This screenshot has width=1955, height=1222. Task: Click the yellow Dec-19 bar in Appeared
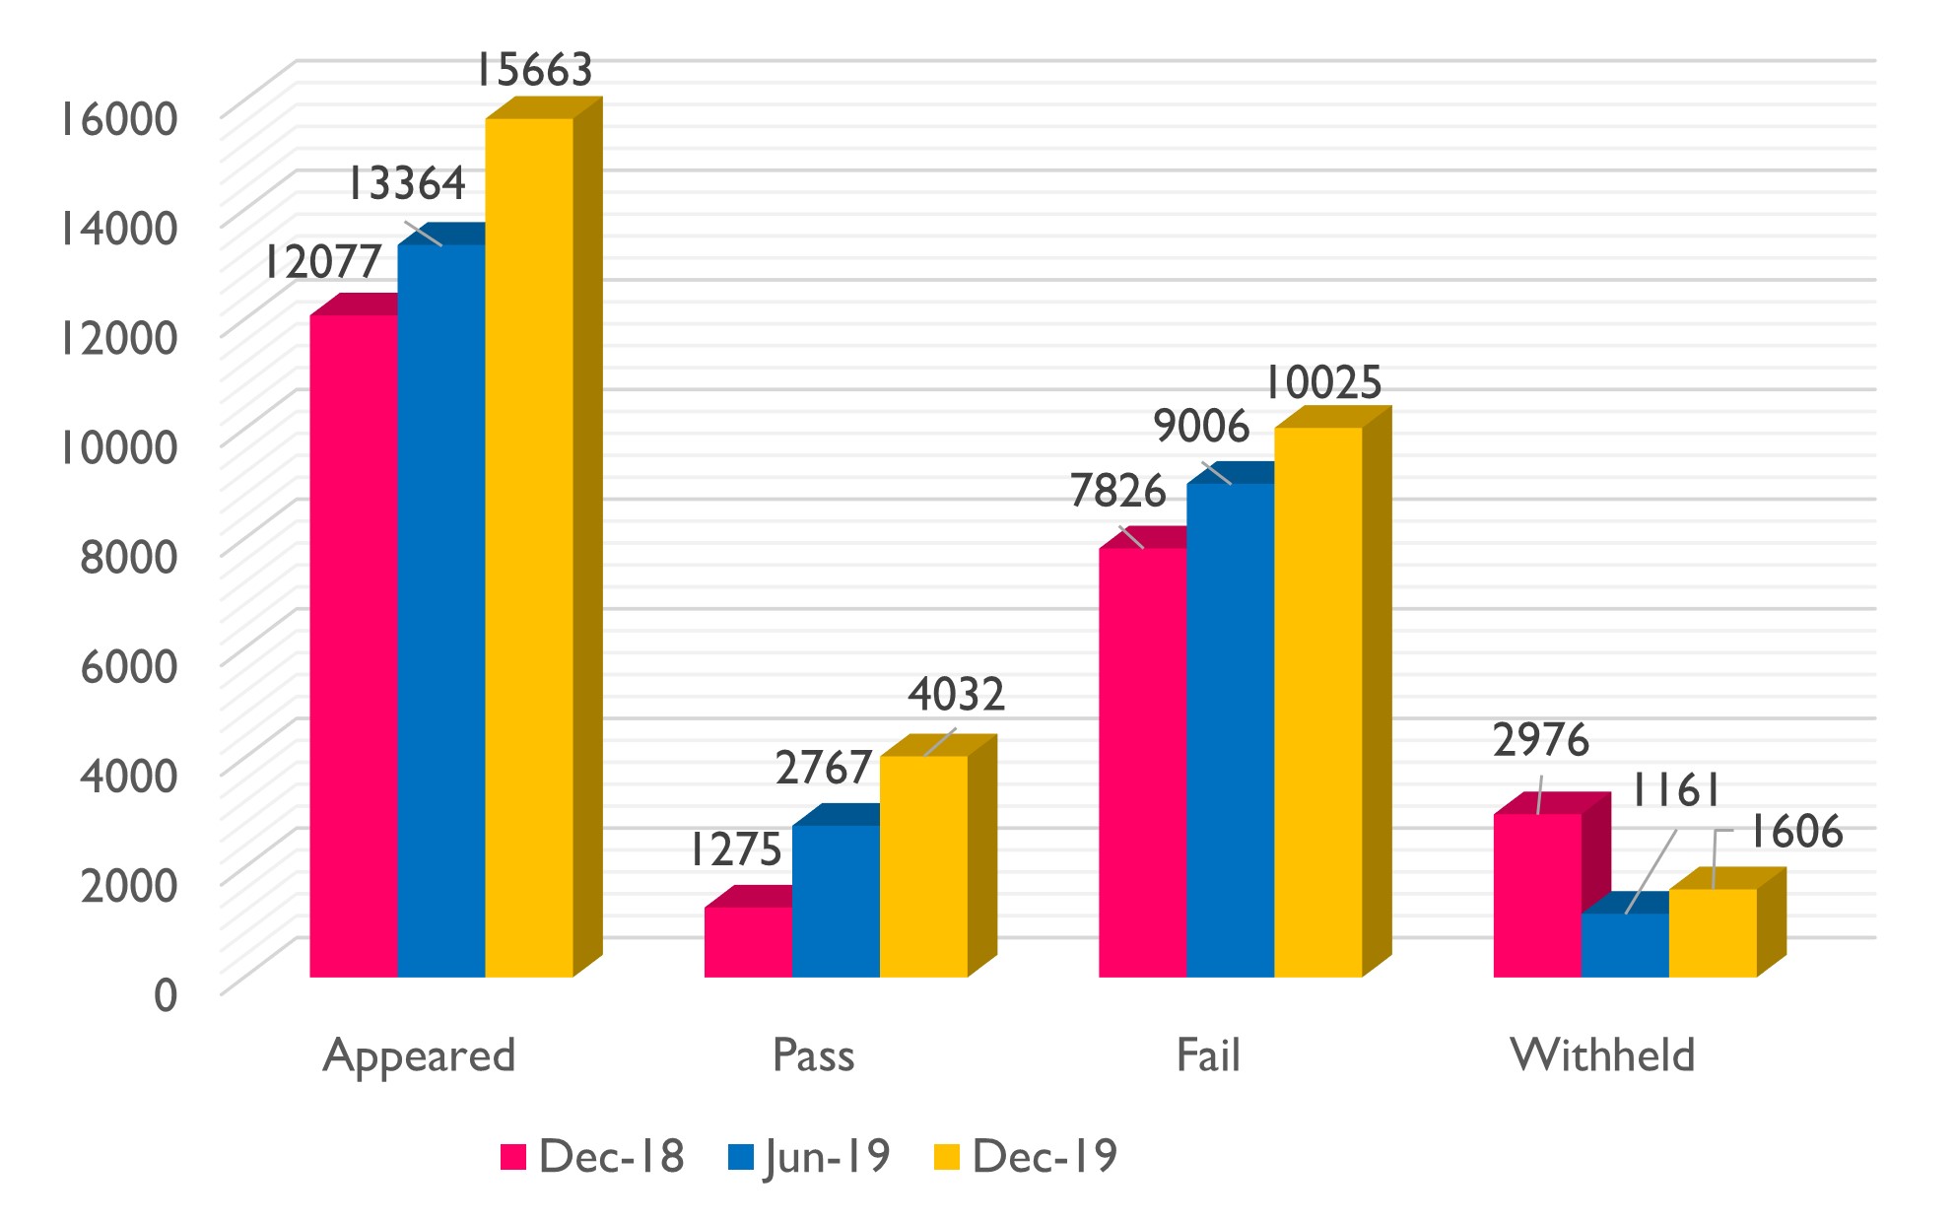(529, 547)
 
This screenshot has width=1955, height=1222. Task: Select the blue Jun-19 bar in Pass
(836, 901)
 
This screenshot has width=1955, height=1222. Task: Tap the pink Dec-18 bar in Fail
(1142, 762)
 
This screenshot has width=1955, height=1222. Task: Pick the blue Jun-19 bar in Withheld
(1625, 945)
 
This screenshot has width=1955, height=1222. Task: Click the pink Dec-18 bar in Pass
(748, 942)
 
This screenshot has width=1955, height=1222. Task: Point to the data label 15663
(534, 70)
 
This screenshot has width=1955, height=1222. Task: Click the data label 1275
(735, 849)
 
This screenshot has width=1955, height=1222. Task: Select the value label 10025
(1322, 382)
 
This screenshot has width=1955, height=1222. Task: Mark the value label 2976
(1541, 740)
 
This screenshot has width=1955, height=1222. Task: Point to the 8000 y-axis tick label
(128, 557)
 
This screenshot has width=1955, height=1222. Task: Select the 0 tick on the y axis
(166, 994)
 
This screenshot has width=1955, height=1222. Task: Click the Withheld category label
(1602, 1055)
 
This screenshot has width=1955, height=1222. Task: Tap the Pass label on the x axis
(813, 1055)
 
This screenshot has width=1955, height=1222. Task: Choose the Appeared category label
(419, 1055)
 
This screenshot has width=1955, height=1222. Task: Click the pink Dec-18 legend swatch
(513, 1156)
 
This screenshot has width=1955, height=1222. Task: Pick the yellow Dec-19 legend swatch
(946, 1156)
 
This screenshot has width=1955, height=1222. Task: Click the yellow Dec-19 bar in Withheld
(1713, 932)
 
